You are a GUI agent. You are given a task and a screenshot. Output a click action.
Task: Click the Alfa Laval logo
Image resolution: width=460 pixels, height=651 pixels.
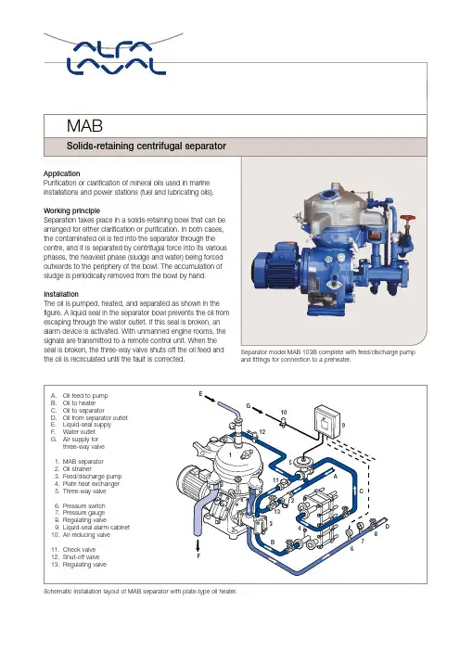[x=116, y=57]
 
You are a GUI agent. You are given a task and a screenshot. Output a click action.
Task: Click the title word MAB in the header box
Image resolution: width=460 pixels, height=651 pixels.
[x=84, y=126]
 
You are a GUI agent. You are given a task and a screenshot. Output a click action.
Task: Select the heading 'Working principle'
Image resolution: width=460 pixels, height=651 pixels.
[x=71, y=211]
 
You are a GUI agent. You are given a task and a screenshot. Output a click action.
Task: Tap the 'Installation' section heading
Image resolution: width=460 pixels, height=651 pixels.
[x=61, y=294]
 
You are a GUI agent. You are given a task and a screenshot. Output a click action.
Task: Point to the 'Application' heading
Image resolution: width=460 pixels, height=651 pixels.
[x=62, y=173]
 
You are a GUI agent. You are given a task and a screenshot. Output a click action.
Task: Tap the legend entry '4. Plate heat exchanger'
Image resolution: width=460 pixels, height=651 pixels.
[x=87, y=484]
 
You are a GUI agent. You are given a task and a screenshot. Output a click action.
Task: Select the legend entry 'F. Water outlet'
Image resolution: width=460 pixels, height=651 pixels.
[x=73, y=432]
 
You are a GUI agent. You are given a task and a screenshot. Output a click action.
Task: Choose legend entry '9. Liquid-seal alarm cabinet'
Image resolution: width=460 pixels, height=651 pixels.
[x=92, y=528]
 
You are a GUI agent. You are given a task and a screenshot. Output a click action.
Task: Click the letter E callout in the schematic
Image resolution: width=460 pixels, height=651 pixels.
[x=200, y=393]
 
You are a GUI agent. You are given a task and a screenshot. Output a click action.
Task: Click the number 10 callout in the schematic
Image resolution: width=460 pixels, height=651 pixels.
[x=284, y=413]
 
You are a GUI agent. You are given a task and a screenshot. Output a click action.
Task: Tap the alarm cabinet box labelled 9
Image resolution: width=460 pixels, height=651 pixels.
[x=327, y=421]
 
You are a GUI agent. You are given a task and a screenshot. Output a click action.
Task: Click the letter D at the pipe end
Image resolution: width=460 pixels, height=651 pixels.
[x=388, y=527]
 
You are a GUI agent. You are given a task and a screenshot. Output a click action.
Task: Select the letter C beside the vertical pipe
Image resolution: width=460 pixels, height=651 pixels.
[x=361, y=491]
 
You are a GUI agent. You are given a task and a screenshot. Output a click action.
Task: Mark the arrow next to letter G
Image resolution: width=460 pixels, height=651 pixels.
[x=258, y=411]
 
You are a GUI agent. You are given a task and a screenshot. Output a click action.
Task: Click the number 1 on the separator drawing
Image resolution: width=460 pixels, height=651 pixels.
[x=231, y=455]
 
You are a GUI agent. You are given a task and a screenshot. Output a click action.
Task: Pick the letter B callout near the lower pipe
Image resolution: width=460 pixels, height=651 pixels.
[x=273, y=542]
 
